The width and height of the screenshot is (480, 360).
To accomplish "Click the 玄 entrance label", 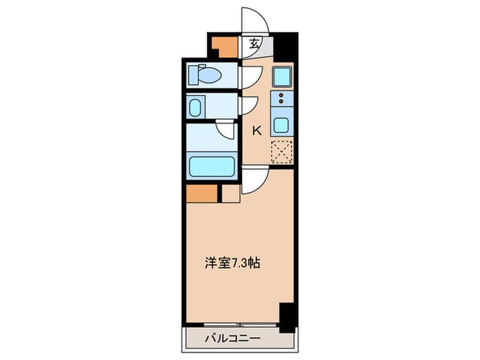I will point(254,43).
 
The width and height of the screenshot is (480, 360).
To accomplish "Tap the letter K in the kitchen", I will point(258,130).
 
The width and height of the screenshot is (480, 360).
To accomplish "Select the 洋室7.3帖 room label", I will point(233,262).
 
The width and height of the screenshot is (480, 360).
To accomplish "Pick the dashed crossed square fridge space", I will point(282,152).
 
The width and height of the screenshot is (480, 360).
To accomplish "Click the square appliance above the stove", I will point(282,75).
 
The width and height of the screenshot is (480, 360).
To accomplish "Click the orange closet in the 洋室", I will point(202,194).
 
